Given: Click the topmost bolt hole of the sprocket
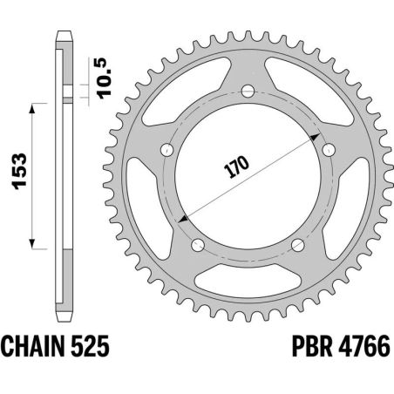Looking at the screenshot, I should point(247,90).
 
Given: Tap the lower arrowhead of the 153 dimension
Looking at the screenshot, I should point(33,244).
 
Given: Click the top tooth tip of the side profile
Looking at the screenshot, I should point(64,34).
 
